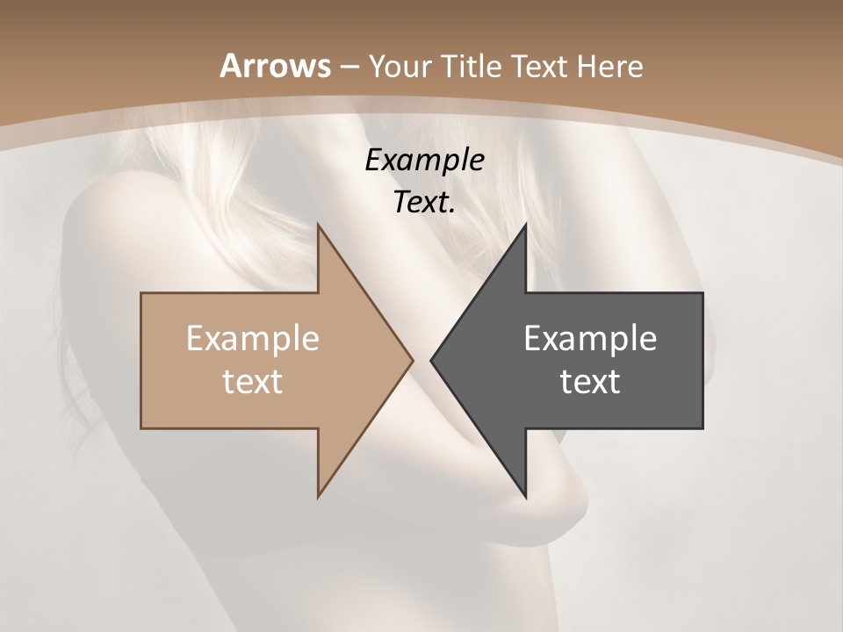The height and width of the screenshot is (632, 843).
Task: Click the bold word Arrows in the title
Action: coord(276,66)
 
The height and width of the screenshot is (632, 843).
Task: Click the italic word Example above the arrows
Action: coord(425,160)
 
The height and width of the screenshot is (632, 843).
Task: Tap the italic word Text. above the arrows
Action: coord(425,202)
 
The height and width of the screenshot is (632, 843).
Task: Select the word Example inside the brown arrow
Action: coord(253,338)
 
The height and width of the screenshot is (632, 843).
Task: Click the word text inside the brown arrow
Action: coord(253,381)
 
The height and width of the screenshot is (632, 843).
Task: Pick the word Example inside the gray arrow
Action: coord(590,338)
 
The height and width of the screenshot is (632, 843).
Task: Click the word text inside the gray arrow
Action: coord(590,381)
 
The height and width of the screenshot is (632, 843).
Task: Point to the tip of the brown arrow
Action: coord(413,360)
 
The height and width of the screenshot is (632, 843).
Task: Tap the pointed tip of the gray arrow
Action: coord(431,360)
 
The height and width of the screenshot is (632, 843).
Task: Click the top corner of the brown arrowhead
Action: coord(318,225)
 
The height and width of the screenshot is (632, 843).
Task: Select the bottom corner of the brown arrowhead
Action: coord(318,497)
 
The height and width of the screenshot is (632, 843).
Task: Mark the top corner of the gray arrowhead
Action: coord(526,225)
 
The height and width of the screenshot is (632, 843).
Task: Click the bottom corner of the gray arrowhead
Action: coord(526,497)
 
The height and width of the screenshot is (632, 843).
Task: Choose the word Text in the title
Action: coord(539,67)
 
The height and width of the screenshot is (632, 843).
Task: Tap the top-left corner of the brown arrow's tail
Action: coord(141,293)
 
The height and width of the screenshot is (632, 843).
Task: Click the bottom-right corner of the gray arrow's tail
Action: coord(702,428)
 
